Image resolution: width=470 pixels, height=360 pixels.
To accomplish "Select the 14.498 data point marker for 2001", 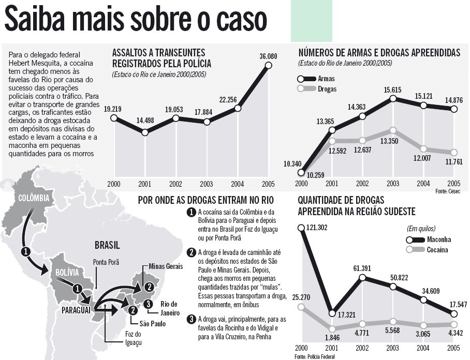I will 145,132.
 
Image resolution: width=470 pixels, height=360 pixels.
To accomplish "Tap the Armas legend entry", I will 326,79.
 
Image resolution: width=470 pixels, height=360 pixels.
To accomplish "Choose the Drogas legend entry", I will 328,89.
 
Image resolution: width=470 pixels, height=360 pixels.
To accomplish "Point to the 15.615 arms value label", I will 393,90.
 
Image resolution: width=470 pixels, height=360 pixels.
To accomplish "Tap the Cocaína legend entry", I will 438,250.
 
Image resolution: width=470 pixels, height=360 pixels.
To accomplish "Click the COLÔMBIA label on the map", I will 33,198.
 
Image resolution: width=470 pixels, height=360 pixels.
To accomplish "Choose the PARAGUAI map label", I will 76,309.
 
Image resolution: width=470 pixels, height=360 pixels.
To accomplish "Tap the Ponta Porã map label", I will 104,262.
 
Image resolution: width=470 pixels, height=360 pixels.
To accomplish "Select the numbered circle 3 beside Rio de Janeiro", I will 148,304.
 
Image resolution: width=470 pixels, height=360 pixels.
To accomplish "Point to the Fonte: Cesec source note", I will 447,191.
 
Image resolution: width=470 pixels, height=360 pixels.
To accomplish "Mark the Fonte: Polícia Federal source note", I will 315,356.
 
